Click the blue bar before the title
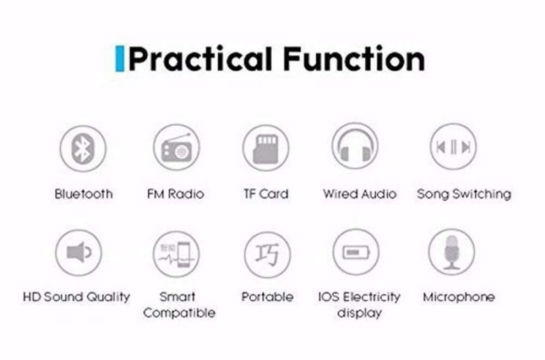[120, 59]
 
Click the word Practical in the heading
[200, 59]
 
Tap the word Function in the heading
[354, 59]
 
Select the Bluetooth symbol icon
[82, 148]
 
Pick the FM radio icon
[176, 147]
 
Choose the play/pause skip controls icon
[453, 147]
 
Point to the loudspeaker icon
[78, 252]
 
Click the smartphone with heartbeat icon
[176, 254]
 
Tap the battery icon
[356, 252]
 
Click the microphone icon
[452, 252]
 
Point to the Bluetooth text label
[84, 194]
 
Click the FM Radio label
[176, 194]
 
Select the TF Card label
[266, 194]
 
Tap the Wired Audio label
[360, 194]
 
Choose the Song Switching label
[464, 194]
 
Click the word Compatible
[179, 313]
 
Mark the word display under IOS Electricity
[360, 313]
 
